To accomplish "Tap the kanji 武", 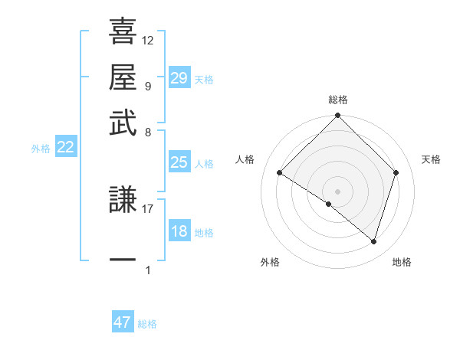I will coord(123,122).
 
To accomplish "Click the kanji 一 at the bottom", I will coord(123,260).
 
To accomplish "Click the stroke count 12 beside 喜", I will coord(148,41).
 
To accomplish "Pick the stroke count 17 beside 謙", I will coord(148,208).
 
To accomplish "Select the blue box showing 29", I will coord(179,78).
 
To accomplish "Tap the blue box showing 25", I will coord(179,162).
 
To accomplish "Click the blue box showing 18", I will coord(179,231).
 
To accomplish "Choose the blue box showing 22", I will coord(66,148).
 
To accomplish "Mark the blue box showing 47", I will coord(123,322).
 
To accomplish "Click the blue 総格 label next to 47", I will coord(148,324).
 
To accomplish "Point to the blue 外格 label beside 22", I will coord(41,149).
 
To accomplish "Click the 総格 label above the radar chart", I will coord(338,100).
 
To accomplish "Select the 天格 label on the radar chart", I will coord(432,159).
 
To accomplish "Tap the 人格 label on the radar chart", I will coord(245,159).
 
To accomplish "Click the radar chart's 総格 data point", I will coord(337,116).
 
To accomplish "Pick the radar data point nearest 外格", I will coord(328,205).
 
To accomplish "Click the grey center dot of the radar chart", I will coord(337,191).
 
